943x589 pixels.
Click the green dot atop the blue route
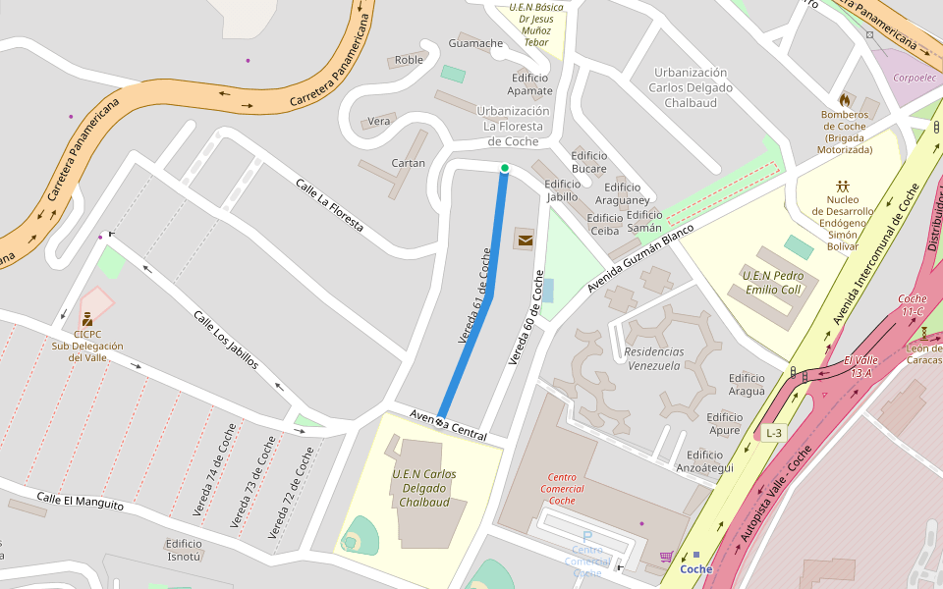pyautogui.click(x=505, y=169)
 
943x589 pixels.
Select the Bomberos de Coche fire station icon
pyautogui.click(x=844, y=100)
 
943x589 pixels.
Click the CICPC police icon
pyautogui.click(x=87, y=318)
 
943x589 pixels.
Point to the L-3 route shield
pyautogui.click(x=774, y=433)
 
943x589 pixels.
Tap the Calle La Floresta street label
pyautogui.click(x=330, y=206)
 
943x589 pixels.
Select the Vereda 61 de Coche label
pyautogui.click(x=474, y=295)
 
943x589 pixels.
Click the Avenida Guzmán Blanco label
pyautogui.click(x=639, y=258)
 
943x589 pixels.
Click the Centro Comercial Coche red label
pyautogui.click(x=562, y=488)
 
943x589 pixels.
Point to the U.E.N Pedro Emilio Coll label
pyautogui.click(x=773, y=283)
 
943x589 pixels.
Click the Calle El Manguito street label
pyautogui.click(x=81, y=501)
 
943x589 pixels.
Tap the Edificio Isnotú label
pyautogui.click(x=184, y=550)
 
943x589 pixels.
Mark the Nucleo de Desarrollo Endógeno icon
pyautogui.click(x=843, y=186)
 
